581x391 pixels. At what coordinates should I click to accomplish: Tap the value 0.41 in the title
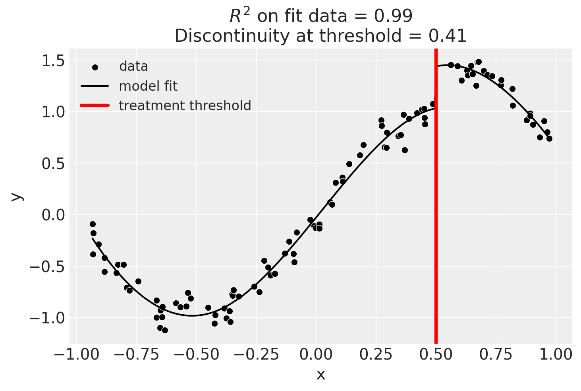tap(448, 36)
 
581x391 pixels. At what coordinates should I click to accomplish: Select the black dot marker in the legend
tap(95, 67)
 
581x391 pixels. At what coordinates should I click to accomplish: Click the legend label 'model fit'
tap(148, 86)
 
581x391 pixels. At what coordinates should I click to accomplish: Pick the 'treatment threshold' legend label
tap(185, 105)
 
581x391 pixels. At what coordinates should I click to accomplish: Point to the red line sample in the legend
tap(95, 105)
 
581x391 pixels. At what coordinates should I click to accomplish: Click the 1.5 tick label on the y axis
tap(53, 61)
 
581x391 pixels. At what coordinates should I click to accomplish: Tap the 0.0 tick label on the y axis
tap(53, 215)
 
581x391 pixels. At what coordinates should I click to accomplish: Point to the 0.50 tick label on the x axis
tap(436, 354)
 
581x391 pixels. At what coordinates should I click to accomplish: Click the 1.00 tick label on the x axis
tap(556, 354)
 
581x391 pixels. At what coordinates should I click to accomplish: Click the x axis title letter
tap(320, 375)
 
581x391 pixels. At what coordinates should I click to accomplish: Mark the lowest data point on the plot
tap(165, 330)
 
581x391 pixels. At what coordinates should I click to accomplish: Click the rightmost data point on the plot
tap(549, 138)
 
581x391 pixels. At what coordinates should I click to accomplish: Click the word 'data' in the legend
tap(133, 67)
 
